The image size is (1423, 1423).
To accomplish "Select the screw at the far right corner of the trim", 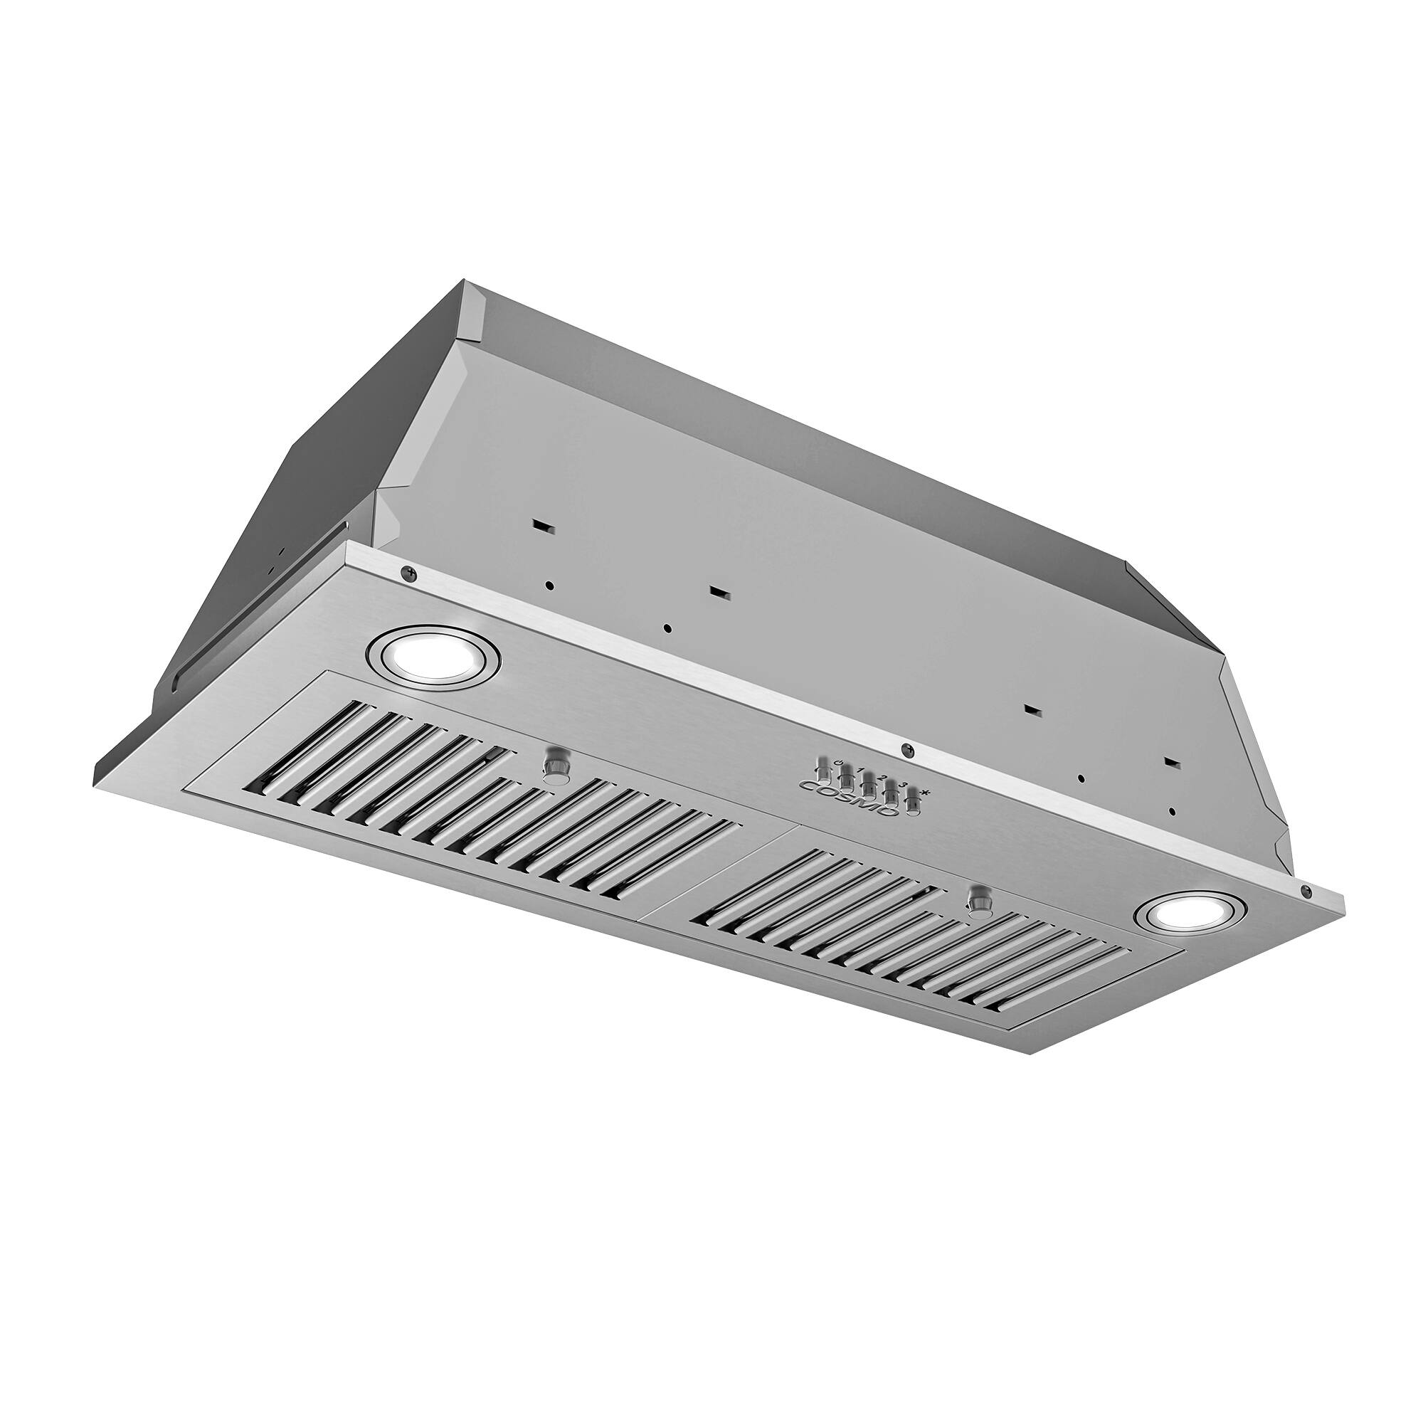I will click(1306, 892).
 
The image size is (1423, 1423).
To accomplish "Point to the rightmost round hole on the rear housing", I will click(1172, 812).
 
